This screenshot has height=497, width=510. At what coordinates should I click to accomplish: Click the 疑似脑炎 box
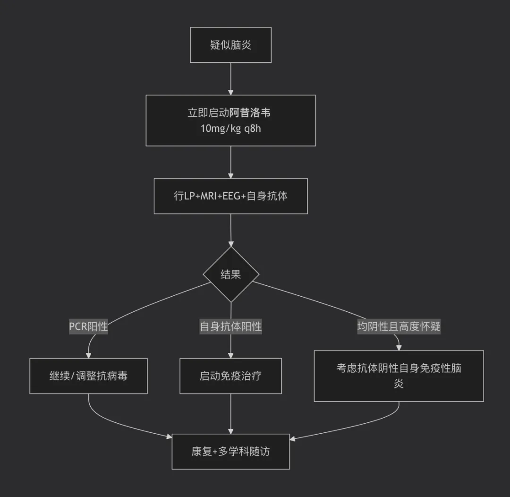[230, 45]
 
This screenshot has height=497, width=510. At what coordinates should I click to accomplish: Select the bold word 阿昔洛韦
[250, 112]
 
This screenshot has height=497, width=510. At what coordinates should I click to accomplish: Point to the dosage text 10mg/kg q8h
[230, 129]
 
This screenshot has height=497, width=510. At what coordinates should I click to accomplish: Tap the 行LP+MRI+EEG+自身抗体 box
[230, 196]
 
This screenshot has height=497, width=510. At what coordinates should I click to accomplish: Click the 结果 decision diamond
[231, 274]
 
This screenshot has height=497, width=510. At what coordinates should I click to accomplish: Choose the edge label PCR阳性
[88, 326]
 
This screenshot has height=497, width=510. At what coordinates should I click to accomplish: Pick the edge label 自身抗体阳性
[230, 326]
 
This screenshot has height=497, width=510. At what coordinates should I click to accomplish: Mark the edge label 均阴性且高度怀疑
[399, 326]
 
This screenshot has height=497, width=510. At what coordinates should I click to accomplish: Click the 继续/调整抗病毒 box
[88, 376]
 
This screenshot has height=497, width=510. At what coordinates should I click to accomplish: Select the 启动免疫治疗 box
[230, 376]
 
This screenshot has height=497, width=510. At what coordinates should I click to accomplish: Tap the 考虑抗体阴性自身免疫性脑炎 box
[399, 376]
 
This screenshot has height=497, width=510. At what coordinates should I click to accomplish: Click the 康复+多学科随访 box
[230, 452]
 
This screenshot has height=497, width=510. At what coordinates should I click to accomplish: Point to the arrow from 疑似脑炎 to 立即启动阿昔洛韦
[230, 79]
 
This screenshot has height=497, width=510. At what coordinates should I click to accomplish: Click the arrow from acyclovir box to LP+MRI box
[230, 162]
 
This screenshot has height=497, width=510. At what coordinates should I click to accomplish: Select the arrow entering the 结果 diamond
[230, 230]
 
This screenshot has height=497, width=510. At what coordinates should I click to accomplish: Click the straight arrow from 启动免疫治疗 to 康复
[230, 414]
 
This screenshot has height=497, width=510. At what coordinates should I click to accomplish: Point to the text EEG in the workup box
[231, 196]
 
